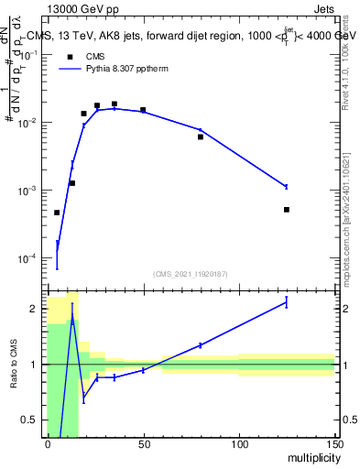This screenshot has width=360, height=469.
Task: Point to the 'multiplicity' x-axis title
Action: coord(307,459)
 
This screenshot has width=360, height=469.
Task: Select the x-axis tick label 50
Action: coord(143,444)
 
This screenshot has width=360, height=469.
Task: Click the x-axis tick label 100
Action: coord(238,444)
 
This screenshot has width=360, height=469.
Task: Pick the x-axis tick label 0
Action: coord(48,444)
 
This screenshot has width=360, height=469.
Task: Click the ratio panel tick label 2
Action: coord(33,309)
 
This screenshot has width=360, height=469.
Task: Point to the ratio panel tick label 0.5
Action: coord(29,420)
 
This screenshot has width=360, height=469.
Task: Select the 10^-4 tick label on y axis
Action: coord(29,259)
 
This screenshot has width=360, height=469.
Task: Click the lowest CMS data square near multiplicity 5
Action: coord(57,213)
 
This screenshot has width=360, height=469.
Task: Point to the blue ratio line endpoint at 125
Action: coord(286,302)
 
